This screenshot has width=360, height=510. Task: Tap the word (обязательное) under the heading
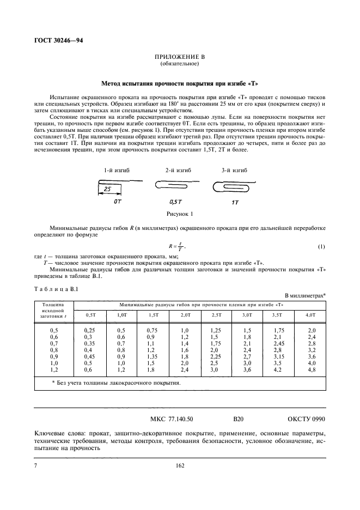pyautogui.click(x=180, y=64)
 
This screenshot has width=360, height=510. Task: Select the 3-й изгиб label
pyautogui.click(x=234, y=171)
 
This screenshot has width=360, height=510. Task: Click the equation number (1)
pyautogui.click(x=321, y=247)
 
